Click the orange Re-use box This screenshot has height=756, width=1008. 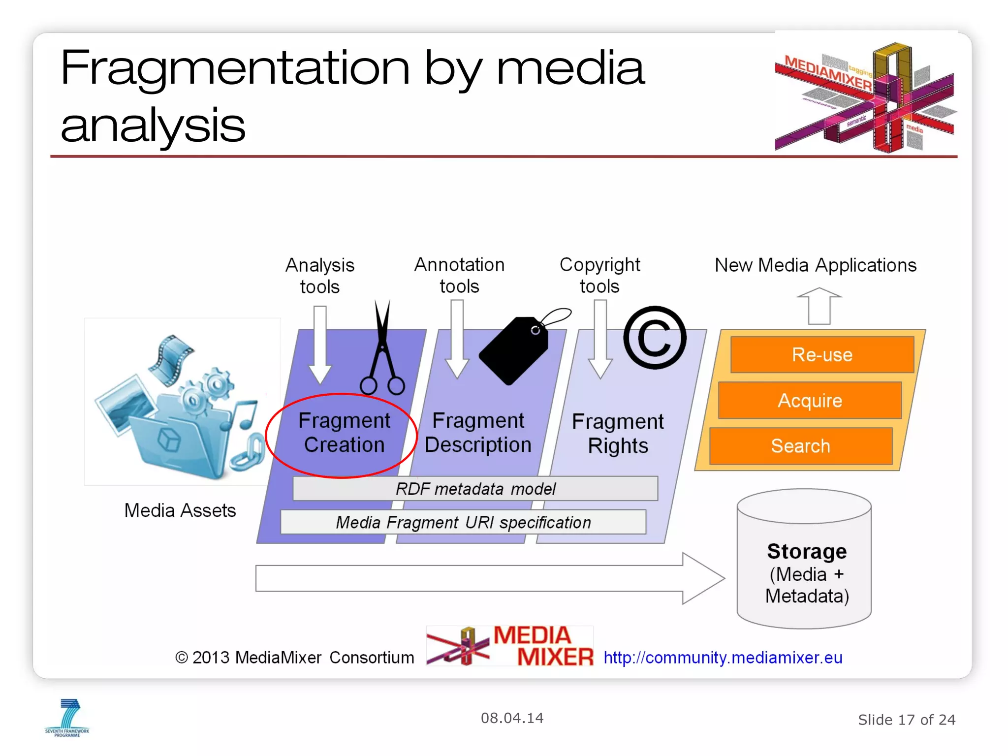tap(822, 355)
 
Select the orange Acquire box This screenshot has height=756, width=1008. tap(810, 401)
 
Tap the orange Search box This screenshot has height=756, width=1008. tap(800, 446)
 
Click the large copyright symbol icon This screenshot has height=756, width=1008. tap(655, 338)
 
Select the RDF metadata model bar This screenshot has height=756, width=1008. tap(475, 489)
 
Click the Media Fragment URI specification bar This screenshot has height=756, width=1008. tap(463, 522)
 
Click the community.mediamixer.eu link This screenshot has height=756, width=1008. tap(723, 658)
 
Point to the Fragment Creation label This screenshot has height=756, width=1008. tap(344, 433)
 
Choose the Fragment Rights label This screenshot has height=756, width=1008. tap(618, 434)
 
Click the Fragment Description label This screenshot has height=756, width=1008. tap(478, 433)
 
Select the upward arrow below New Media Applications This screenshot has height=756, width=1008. tap(819, 306)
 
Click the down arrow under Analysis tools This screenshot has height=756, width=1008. tap(320, 344)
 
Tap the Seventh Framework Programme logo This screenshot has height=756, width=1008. tap(67, 718)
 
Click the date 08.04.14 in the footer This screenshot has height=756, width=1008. tap(512, 718)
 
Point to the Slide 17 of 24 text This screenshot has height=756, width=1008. tap(906, 720)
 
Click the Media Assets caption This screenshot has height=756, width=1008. tap(180, 510)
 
